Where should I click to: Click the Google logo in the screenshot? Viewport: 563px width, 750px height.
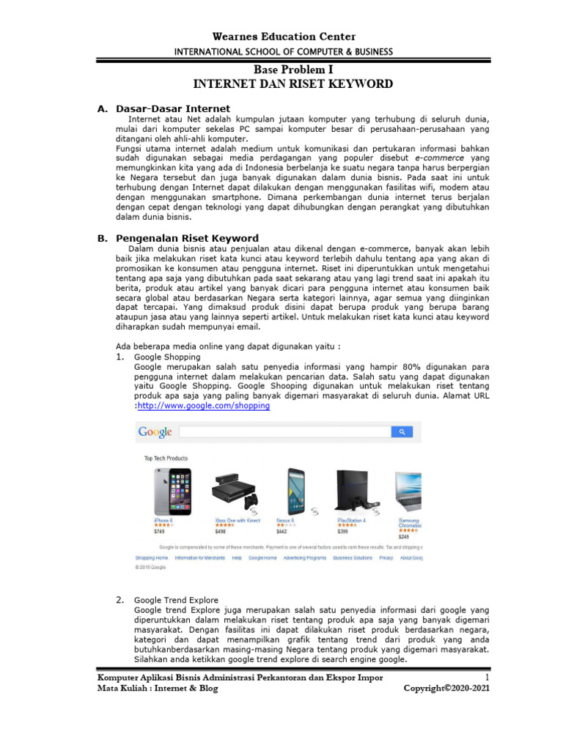tap(155, 432)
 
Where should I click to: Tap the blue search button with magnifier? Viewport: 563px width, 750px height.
tap(402, 432)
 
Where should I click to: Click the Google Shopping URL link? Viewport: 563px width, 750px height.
tap(204, 406)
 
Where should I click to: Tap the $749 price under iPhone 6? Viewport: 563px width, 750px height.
tap(159, 532)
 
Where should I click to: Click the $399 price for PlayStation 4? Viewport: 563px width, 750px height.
tap(343, 532)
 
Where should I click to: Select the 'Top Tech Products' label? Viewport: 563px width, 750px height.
tap(167, 458)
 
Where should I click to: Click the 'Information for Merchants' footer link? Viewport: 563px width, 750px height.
tap(199, 557)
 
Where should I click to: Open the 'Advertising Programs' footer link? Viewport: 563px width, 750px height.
tap(305, 557)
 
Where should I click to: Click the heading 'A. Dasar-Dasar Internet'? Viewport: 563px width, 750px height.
tap(163, 108)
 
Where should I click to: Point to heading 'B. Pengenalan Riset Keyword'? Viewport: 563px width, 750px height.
tap(178, 238)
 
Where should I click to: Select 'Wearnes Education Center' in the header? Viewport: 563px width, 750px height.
tap(283, 37)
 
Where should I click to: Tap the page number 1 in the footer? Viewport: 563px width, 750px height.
tap(486, 677)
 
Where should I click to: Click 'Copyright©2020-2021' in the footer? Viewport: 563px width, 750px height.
tap(446, 688)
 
